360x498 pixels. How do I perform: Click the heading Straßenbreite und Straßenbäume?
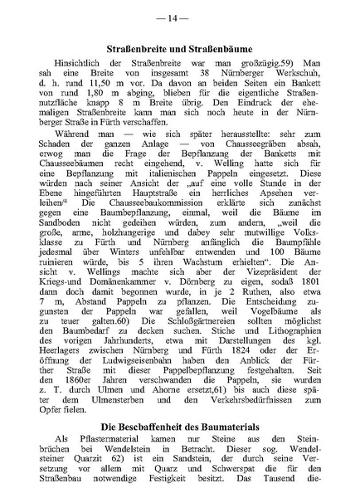pyautogui.click(x=180, y=52)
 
